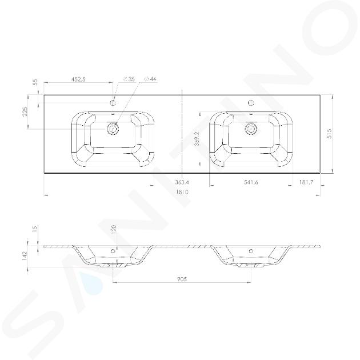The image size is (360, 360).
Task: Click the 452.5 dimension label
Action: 78,79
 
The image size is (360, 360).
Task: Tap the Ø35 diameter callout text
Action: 129,79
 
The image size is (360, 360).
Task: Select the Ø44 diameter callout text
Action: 150,79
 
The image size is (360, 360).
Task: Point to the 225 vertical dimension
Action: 25,111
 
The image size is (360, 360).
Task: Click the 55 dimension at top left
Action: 35,82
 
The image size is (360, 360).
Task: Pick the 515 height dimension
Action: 329,133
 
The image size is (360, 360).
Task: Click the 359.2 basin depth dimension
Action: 197,138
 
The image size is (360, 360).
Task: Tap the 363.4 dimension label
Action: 182,182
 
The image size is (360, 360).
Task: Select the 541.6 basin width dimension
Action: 251,182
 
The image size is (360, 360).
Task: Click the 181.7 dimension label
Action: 306,182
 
